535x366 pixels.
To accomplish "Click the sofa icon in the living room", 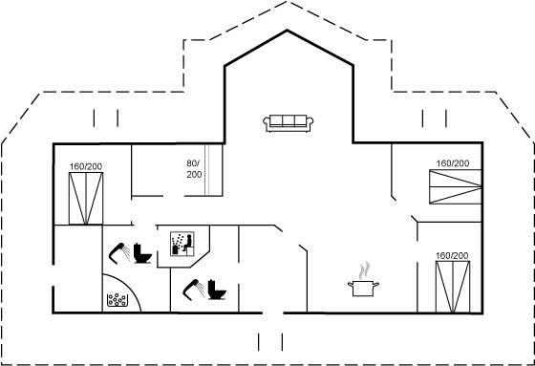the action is [x=288, y=123].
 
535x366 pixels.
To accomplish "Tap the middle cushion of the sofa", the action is [x=289, y=120].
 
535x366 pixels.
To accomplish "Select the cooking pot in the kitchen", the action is [x=363, y=289].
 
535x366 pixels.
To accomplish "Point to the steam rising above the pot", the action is [x=364, y=269].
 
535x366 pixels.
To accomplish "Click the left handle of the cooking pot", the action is [x=351, y=284].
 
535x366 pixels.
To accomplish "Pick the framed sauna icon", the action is [x=182, y=244].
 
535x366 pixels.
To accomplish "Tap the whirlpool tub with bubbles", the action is [x=117, y=300].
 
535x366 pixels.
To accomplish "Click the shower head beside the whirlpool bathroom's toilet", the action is [x=119, y=253].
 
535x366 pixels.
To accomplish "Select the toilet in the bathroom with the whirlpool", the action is [x=142, y=253].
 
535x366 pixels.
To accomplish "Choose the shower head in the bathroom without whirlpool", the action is [x=193, y=290].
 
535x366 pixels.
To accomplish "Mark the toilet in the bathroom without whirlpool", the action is [x=217, y=290].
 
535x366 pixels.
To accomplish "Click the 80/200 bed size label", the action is [x=194, y=169].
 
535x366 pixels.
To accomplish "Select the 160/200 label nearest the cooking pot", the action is [x=452, y=256].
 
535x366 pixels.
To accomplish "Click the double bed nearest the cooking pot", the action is [x=453, y=287].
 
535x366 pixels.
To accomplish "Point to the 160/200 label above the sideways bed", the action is [x=453, y=163].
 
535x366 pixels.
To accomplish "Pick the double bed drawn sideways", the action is [x=455, y=186].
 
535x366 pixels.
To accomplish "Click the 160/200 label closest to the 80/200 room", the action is [x=86, y=166].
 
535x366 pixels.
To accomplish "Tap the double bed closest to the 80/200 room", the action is [x=86, y=199].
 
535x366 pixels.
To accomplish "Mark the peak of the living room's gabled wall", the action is [x=287, y=31].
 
